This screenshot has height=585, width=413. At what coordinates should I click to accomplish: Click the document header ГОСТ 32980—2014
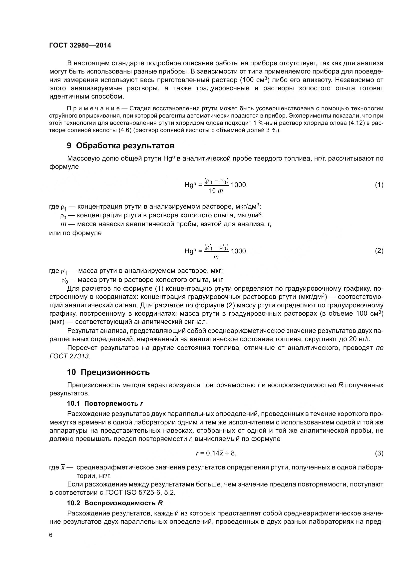[80, 46]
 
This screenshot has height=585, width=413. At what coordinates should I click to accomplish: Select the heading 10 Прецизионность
[108, 372]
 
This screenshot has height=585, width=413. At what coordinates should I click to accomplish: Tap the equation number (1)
[379, 185]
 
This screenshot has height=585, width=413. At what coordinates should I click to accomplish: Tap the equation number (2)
[379, 251]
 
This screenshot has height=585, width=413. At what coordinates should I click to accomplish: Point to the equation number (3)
[379, 453]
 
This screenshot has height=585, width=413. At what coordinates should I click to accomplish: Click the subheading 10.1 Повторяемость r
[105, 404]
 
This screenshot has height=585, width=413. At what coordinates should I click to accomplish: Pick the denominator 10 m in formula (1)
[216, 191]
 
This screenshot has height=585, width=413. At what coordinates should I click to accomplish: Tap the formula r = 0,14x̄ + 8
[216, 453]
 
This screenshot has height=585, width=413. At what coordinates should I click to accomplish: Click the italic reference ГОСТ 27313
[69, 356]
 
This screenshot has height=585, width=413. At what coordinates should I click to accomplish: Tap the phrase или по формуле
[75, 233]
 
